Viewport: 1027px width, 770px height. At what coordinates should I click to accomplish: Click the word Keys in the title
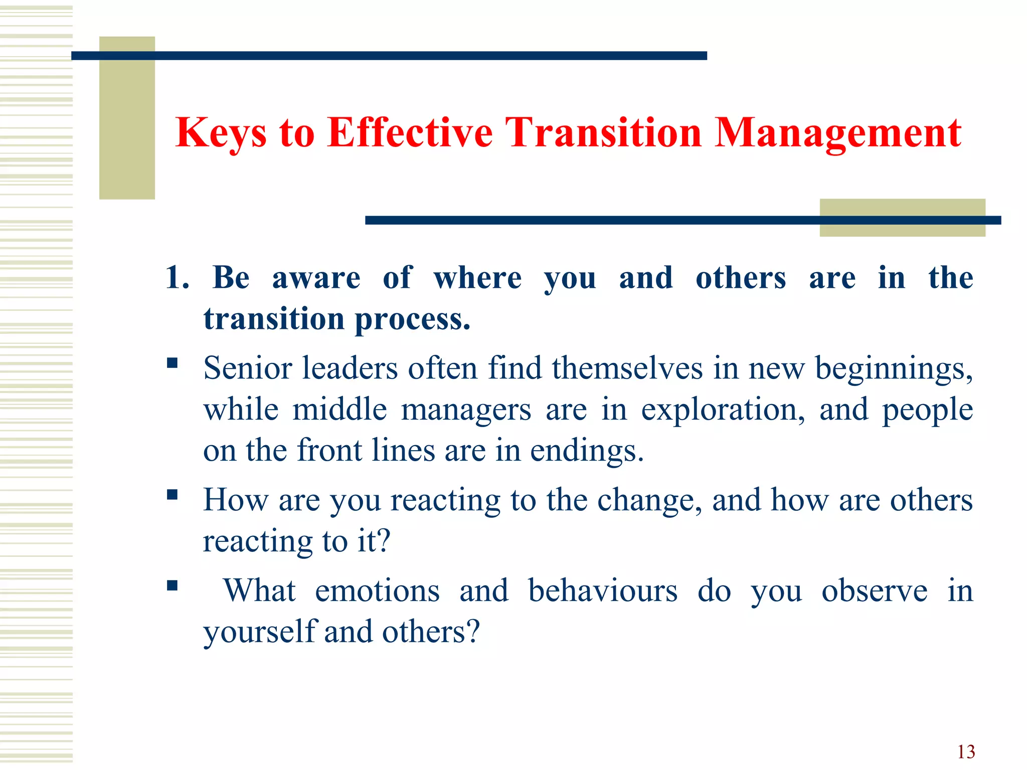221,133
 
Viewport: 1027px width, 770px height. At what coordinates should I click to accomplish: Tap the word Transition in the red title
603,133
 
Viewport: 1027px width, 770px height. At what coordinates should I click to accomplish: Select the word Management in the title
837,133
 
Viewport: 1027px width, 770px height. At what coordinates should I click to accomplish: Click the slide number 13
966,752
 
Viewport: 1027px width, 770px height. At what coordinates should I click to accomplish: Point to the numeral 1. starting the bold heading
177,278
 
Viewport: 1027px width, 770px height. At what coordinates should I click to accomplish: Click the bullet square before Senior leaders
173,363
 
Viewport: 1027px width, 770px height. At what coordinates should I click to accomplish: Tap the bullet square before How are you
173,495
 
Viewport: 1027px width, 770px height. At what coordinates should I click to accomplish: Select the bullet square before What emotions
173,586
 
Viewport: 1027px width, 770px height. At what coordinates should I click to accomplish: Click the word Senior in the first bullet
248,368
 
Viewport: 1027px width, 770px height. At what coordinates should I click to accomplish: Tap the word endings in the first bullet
586,451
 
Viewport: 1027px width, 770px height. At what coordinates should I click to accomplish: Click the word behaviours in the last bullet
603,591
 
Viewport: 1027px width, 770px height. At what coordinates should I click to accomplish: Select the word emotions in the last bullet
377,591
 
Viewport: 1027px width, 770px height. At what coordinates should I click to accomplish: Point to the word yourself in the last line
259,632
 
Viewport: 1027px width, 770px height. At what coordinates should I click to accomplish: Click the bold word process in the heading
412,319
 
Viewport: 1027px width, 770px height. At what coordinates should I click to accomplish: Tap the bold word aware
316,278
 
